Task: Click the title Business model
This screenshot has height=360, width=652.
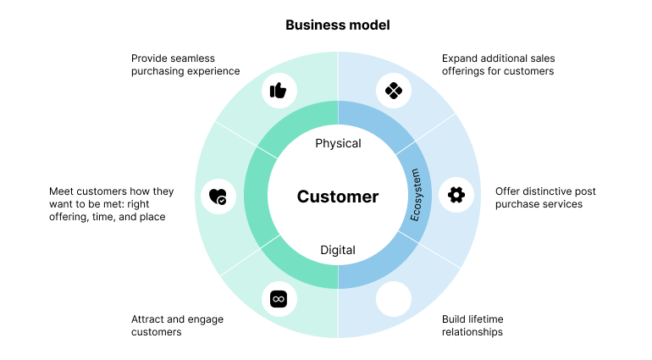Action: (x=338, y=25)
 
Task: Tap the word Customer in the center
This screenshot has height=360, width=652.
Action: (x=338, y=197)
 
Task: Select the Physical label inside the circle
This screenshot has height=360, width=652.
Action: (x=338, y=143)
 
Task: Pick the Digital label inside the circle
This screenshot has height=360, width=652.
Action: (x=338, y=250)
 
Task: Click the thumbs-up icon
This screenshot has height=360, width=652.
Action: (x=278, y=91)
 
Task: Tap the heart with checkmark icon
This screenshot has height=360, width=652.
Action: (x=218, y=197)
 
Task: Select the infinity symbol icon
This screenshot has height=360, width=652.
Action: (x=279, y=299)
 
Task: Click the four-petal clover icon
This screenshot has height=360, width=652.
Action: (x=394, y=91)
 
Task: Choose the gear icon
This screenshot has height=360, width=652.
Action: (x=456, y=195)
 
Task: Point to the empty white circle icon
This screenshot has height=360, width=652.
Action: (x=394, y=299)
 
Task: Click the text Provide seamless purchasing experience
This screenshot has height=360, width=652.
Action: (x=185, y=65)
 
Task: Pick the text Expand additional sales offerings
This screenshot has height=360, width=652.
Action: (x=498, y=65)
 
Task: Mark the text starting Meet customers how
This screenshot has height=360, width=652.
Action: (x=111, y=204)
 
